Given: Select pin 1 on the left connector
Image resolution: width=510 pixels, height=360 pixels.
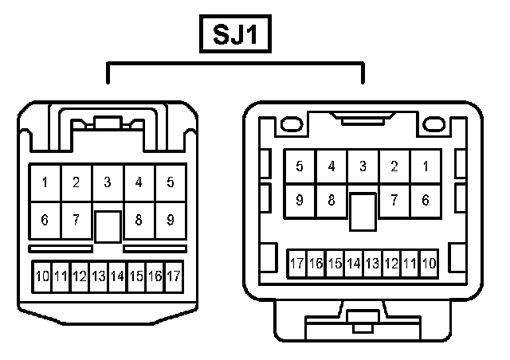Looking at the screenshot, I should click(x=45, y=182).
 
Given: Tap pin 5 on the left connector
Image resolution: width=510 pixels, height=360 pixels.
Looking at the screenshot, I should click(x=171, y=182).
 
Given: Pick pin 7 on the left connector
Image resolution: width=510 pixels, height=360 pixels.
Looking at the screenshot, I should click(x=76, y=219).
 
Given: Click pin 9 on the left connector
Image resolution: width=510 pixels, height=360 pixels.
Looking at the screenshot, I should click(x=171, y=219).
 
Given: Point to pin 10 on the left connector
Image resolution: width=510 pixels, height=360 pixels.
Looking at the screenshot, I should click(x=42, y=276).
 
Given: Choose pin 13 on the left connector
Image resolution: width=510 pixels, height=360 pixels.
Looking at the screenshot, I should click(x=99, y=276).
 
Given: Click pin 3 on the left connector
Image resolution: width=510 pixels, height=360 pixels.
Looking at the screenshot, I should click(x=108, y=182).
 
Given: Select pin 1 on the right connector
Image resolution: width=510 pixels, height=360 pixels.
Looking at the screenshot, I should click(x=426, y=166).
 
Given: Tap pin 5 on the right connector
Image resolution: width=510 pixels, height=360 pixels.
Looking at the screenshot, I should click(x=300, y=166).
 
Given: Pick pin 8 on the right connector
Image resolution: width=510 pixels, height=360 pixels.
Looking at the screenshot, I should click(x=331, y=201).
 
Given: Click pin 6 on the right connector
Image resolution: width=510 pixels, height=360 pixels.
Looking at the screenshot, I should click(x=426, y=201).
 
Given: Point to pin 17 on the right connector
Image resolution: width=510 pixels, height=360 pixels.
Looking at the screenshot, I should click(x=296, y=263).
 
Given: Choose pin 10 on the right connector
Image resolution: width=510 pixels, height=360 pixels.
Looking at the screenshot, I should click(x=429, y=263).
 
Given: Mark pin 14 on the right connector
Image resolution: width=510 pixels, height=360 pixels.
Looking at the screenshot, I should click(x=353, y=263).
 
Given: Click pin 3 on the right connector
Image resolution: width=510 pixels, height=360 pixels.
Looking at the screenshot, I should click(x=363, y=166).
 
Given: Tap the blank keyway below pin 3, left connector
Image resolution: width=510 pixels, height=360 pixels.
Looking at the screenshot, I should click(x=108, y=226).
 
